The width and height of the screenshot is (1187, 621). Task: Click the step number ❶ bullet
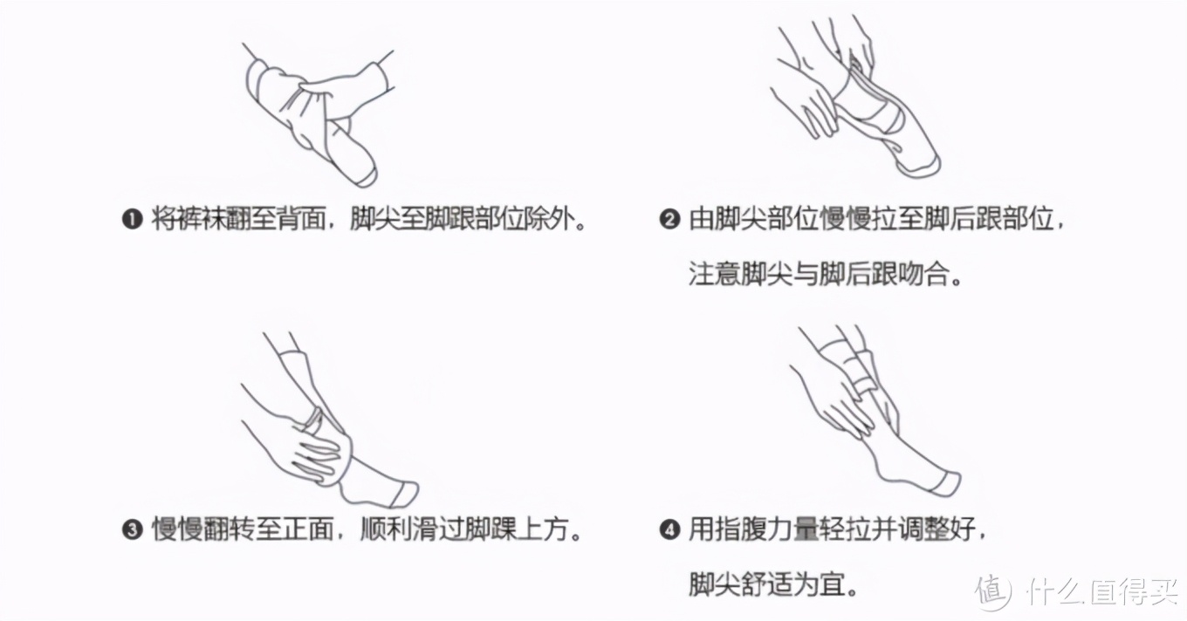coord(132,219)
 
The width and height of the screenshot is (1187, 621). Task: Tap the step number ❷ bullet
coord(669,219)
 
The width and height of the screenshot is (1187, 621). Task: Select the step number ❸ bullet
coord(132,529)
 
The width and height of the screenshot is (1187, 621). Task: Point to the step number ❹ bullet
coord(669,529)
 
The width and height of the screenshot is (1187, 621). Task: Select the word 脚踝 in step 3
coord(488,529)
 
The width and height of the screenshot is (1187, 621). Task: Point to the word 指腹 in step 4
coord(741,529)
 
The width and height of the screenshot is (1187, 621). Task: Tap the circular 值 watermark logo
coord(993,591)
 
